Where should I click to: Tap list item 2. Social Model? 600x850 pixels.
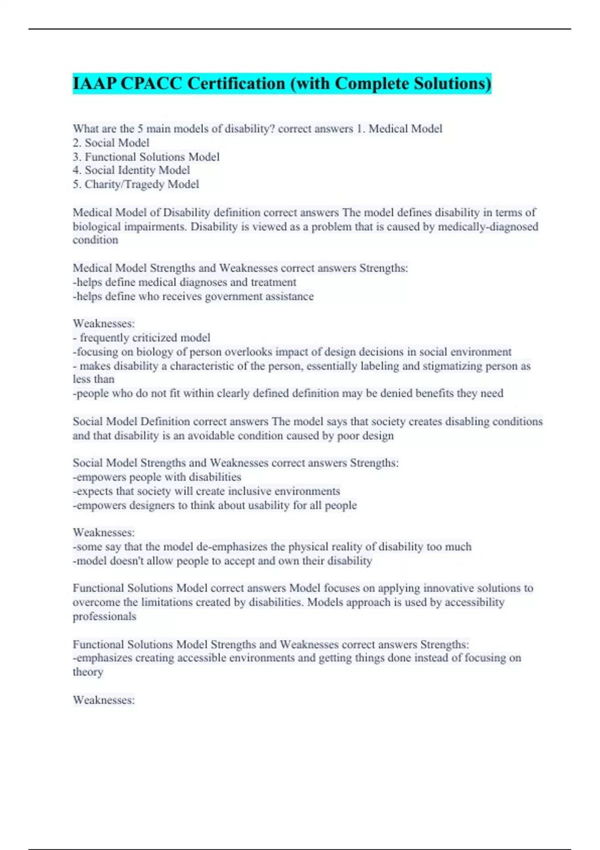coord(111,143)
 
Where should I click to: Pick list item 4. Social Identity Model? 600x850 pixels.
coord(131,170)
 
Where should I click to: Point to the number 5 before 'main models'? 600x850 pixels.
coord(140,129)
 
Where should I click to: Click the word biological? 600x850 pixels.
coord(96,226)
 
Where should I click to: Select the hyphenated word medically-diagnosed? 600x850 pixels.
coord(488,226)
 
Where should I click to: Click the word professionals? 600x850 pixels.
coord(104,616)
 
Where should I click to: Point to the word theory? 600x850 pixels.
coord(88,672)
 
